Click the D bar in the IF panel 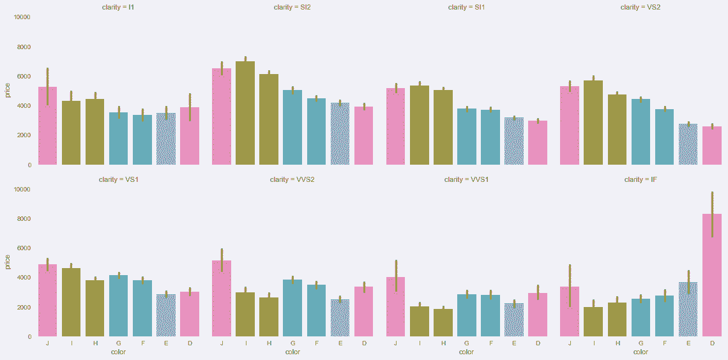click(712, 275)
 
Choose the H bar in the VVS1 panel click(443, 322)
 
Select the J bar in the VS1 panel click(47, 300)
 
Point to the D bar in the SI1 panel click(538, 143)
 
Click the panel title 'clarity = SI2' click(292, 8)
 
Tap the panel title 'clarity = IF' click(641, 180)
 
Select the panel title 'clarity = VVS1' click(466, 180)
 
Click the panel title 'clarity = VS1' click(119, 180)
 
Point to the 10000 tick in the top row click(22, 17)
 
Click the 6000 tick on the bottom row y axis click(24, 248)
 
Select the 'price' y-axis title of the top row click(8, 91)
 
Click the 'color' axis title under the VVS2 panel click(292, 352)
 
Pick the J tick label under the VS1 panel click(47, 343)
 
